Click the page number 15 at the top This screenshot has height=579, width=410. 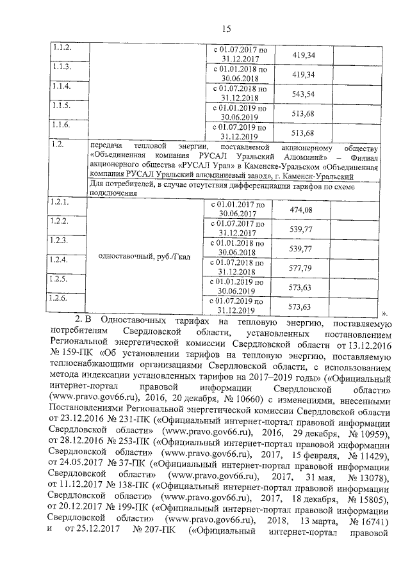[225, 28]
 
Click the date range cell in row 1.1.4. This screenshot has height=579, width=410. [239, 93]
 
